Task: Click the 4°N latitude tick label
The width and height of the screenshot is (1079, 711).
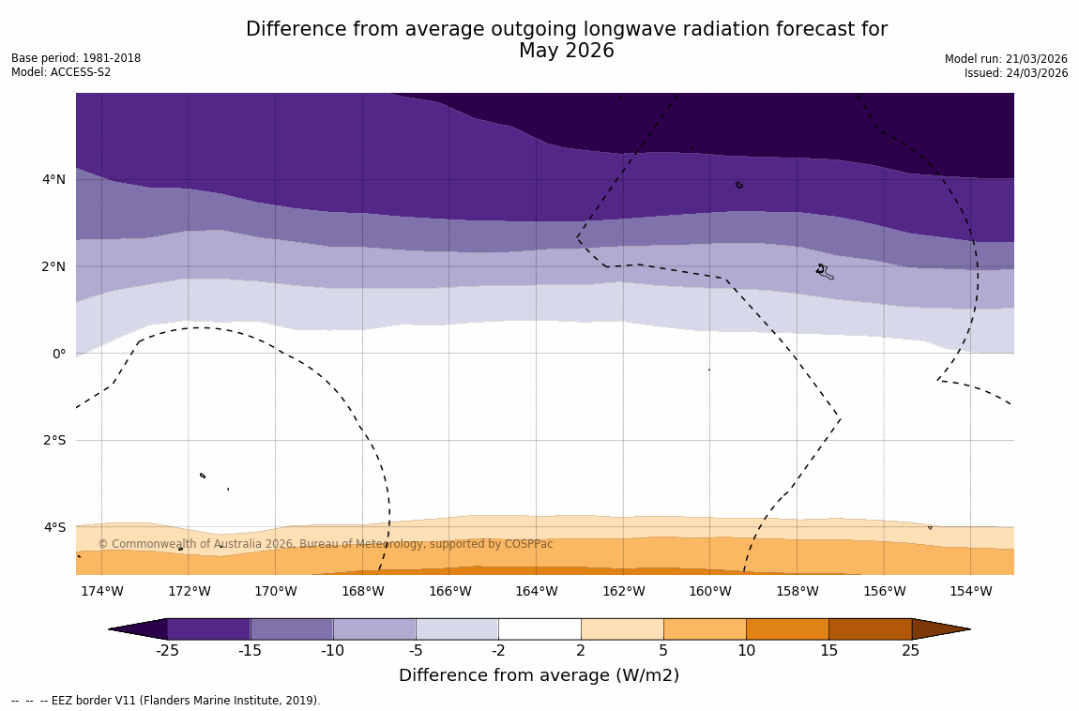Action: click(53, 179)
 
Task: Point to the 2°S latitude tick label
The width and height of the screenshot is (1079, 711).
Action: click(53, 440)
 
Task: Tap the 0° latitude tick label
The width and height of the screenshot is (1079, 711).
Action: click(59, 354)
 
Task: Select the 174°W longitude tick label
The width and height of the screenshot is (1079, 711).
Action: click(101, 591)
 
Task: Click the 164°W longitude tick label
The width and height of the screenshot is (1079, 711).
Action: click(536, 591)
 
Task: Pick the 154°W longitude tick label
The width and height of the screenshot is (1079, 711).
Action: click(970, 591)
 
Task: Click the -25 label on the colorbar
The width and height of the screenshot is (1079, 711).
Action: click(167, 651)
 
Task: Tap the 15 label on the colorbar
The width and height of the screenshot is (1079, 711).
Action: click(828, 651)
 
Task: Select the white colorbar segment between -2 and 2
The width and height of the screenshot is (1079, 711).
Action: click(539, 628)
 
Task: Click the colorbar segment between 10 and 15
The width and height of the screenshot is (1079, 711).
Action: click(787, 628)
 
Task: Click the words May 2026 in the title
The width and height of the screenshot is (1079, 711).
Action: click(567, 52)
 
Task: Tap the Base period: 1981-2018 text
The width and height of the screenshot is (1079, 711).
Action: click(76, 58)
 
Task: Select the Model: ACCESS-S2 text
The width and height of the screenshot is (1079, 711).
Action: click(61, 72)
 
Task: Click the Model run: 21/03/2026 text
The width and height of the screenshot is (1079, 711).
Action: click(1006, 59)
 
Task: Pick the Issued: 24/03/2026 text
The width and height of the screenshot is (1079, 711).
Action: click(1016, 73)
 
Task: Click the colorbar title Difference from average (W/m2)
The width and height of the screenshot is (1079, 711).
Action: click(539, 675)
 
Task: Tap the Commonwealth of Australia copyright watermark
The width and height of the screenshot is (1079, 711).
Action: click(326, 544)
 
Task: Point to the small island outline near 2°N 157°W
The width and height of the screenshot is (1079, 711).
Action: click(824, 271)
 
